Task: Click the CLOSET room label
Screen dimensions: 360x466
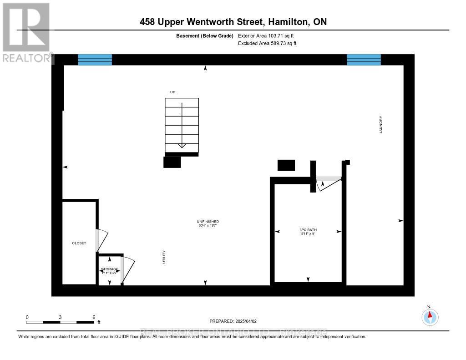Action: (x=79, y=243)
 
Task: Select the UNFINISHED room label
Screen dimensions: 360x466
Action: (x=208, y=222)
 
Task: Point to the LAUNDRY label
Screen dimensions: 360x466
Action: (x=381, y=124)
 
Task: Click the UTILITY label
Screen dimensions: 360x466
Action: (x=164, y=257)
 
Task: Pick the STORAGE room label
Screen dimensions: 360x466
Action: (x=110, y=269)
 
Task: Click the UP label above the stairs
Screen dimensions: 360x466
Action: (x=172, y=92)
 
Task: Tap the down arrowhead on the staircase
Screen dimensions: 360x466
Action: (x=182, y=145)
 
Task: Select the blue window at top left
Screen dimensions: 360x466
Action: (x=95, y=60)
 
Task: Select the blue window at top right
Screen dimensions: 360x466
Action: (x=364, y=60)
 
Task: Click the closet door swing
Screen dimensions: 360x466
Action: (x=102, y=239)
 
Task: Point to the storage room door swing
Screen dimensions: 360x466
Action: (x=128, y=270)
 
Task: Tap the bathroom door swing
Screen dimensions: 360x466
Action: (x=328, y=183)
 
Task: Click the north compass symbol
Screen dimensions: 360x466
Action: (x=430, y=316)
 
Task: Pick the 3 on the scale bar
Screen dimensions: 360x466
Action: (x=60, y=317)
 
